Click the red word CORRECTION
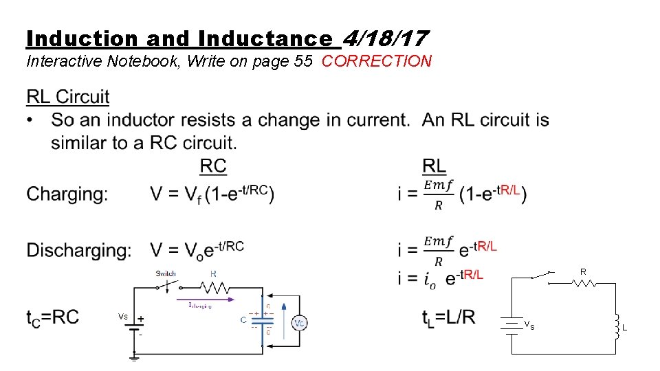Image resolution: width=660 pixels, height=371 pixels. click(x=377, y=61)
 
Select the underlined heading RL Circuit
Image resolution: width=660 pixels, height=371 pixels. click(x=68, y=97)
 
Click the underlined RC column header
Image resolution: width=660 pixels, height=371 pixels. click(x=213, y=166)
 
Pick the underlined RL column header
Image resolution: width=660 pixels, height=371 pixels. click(x=434, y=166)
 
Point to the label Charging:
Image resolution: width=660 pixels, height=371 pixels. click(x=67, y=194)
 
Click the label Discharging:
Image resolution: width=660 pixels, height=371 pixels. click(x=79, y=250)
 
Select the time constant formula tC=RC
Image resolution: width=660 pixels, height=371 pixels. click(x=53, y=317)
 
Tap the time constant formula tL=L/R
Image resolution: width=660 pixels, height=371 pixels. click(x=449, y=317)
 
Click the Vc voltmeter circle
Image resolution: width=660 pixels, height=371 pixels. click(x=299, y=322)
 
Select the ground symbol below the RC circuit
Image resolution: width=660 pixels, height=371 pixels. click(x=134, y=357)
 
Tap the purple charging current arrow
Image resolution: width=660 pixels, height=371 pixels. click(x=213, y=300)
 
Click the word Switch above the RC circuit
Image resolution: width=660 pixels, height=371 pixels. click(x=166, y=273)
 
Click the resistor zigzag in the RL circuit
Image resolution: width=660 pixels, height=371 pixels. click(x=583, y=282)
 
